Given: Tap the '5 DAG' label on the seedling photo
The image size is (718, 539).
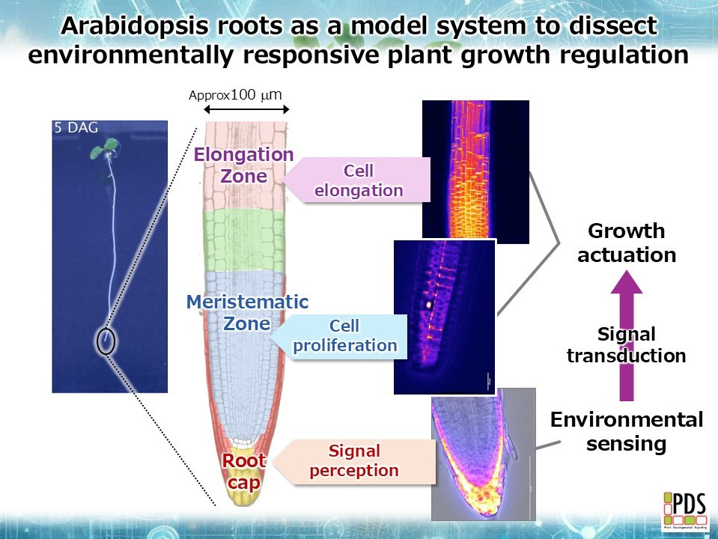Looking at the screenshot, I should point(76,128).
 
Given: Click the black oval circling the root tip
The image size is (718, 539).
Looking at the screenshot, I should point(106,341).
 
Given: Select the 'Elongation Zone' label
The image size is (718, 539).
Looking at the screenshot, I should point(244,165).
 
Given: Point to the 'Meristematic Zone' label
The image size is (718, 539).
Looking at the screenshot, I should point(247,313).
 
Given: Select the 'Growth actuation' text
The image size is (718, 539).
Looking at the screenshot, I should point(626,243).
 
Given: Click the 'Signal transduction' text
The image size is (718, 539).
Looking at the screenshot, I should point(626,345).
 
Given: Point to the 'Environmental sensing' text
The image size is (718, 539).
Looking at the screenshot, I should point(626,431).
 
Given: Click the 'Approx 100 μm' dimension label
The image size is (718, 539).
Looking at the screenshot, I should point(234,95).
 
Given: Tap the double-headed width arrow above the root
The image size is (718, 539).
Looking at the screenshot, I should point(236,111).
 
